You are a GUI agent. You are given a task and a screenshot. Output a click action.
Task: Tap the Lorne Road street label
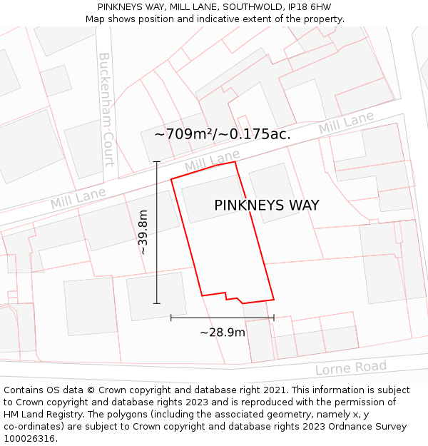[x=351, y=368]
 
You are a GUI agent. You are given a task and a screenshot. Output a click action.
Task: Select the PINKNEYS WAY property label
[x=267, y=206]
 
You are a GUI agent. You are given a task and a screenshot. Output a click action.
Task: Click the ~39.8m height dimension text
[x=143, y=232]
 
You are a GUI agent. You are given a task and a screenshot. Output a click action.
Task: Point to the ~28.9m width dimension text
[x=223, y=333]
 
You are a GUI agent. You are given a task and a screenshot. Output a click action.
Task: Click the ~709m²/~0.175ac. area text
[x=223, y=133]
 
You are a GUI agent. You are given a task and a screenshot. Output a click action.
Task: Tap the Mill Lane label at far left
[x=78, y=198]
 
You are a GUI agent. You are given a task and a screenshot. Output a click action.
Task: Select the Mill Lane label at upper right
[x=346, y=123]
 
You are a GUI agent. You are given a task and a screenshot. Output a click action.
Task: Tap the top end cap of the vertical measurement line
[x=157, y=162]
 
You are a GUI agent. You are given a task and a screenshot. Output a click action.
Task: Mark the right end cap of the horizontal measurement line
[x=274, y=318]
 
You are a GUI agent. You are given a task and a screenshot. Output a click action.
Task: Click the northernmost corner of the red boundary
[x=235, y=162]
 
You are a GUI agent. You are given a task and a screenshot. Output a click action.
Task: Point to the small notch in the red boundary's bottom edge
[x=232, y=295]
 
